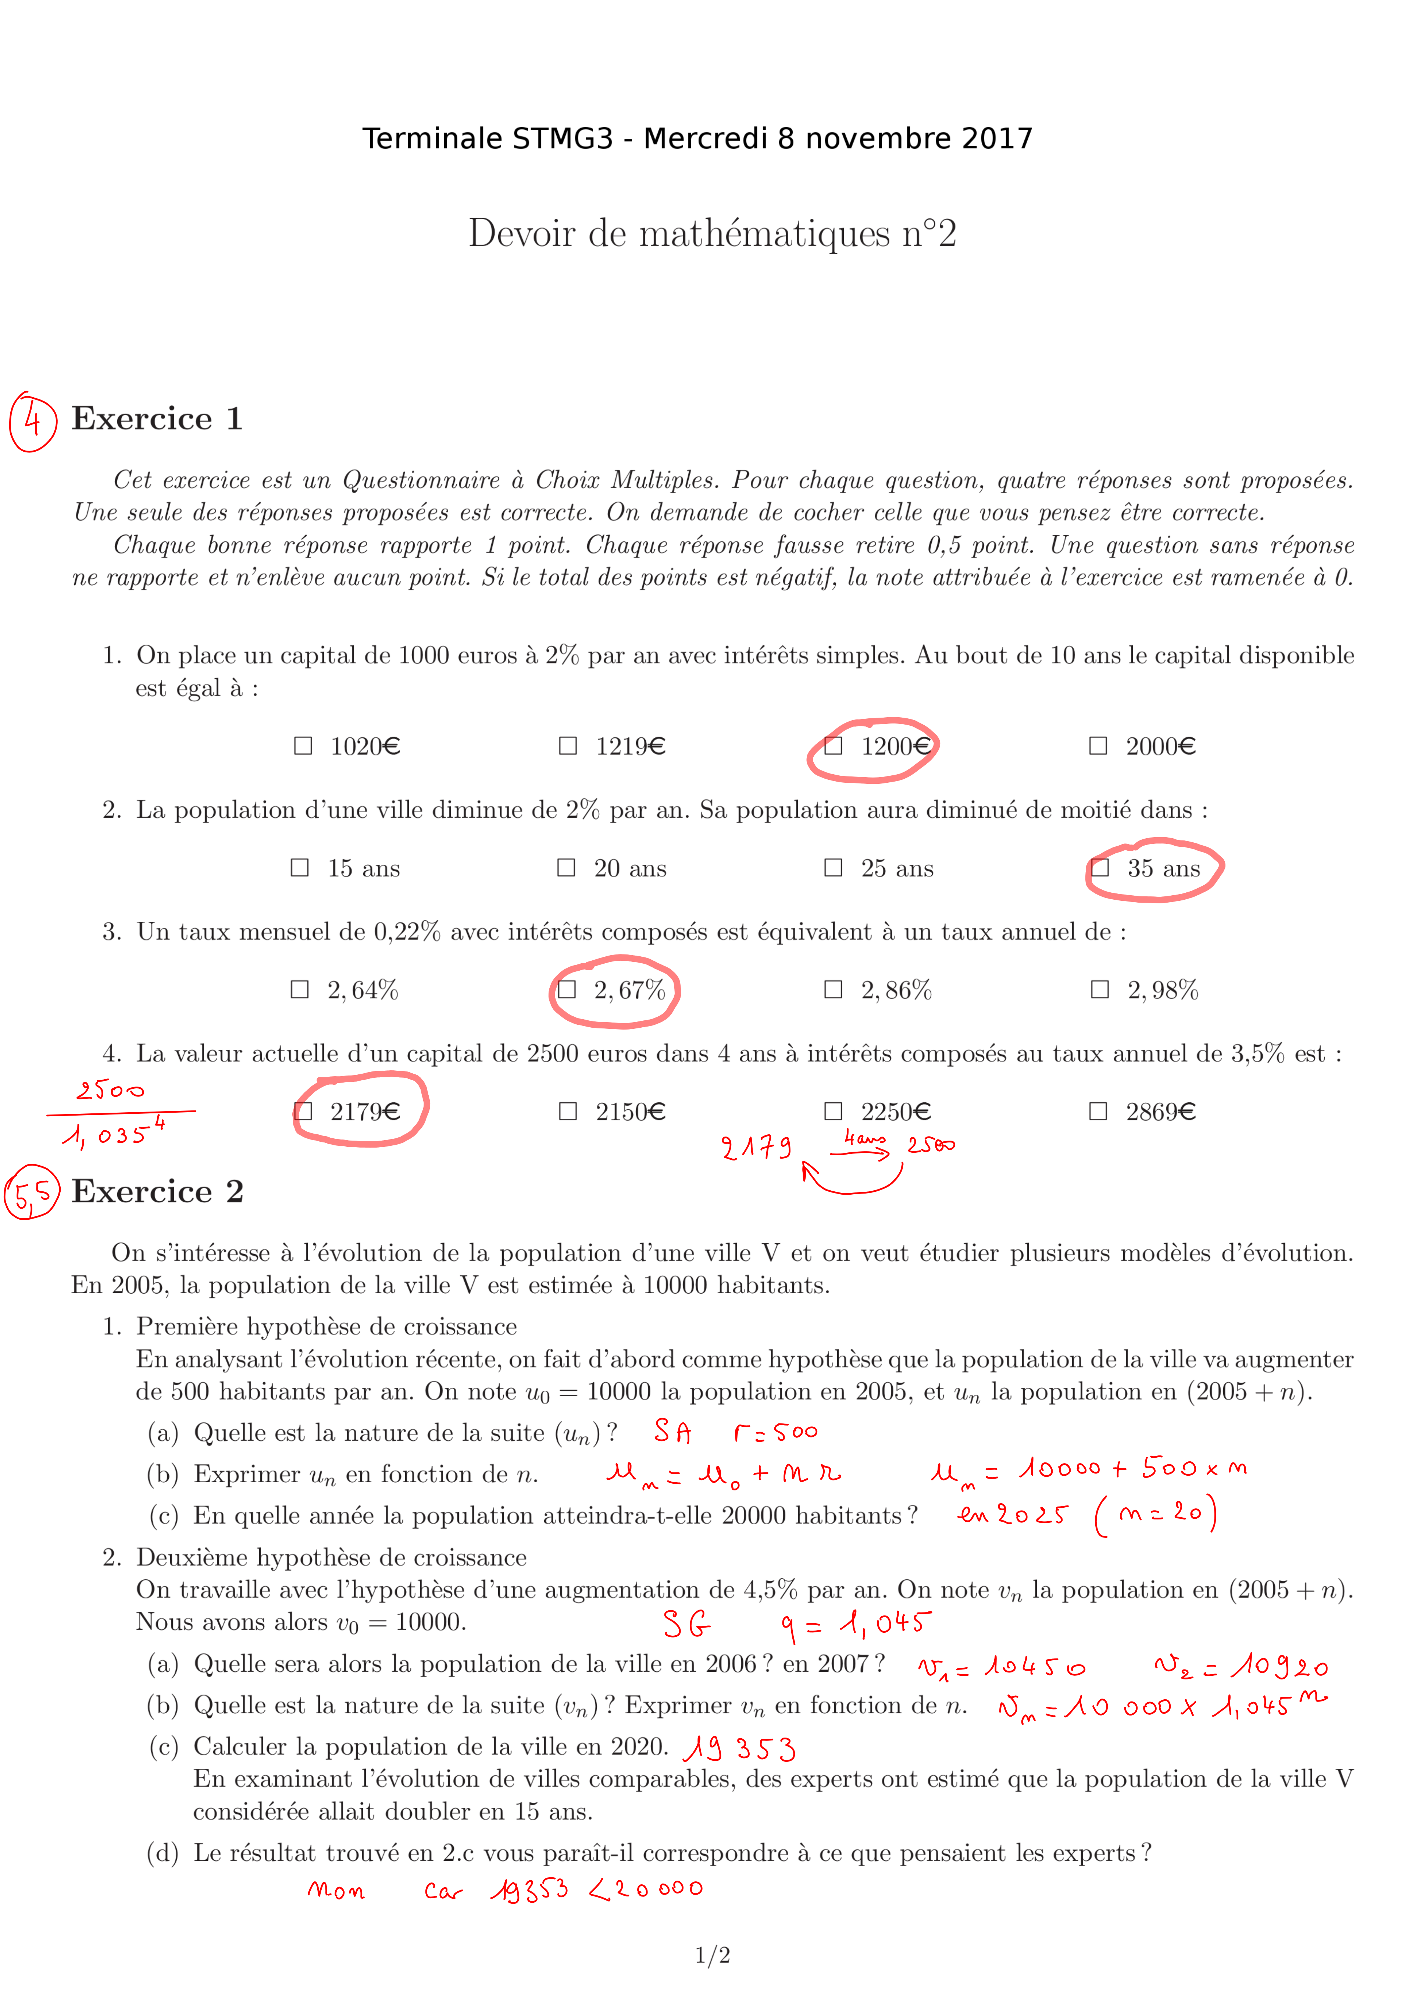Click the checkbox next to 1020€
(303, 746)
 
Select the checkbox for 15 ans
(300, 868)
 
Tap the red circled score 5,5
(32, 1192)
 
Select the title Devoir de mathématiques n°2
(712, 234)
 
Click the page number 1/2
(712, 1955)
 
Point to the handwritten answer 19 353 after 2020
(739, 1748)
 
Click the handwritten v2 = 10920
(1241, 1666)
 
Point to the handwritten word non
(336, 1889)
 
